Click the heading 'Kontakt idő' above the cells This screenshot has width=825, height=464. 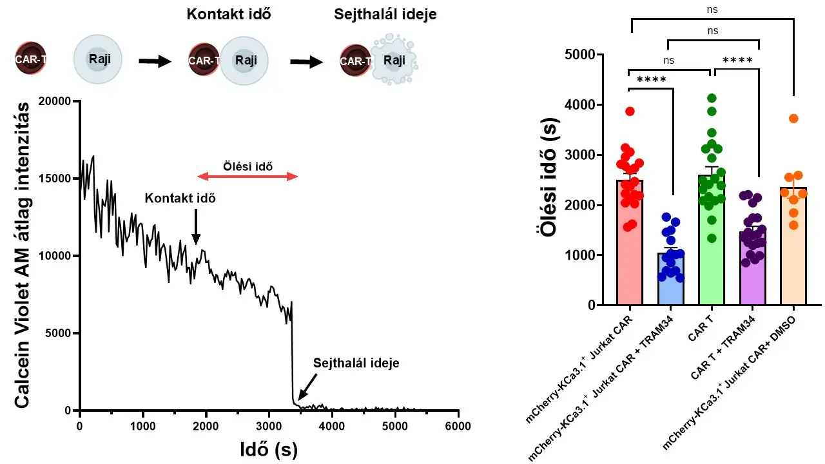click(229, 14)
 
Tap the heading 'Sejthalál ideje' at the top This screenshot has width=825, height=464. click(385, 14)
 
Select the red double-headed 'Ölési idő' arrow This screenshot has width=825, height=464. click(247, 177)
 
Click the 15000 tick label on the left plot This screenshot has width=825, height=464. click(55, 179)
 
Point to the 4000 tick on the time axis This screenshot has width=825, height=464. click(332, 426)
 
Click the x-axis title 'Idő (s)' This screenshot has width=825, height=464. click(269, 450)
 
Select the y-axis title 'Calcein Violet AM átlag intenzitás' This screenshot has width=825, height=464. click(21, 255)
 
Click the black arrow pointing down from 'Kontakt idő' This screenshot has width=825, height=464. click(196, 226)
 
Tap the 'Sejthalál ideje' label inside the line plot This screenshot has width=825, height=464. click(356, 363)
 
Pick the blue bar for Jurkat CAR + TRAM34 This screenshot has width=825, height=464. click(671, 279)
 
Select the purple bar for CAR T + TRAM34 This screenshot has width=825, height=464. click(752, 268)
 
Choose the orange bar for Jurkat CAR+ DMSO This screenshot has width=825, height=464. click(793, 246)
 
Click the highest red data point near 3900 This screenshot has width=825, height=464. click(630, 111)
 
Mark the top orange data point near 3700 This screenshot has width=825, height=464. click(793, 119)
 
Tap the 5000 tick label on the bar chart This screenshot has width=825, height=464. click(580, 55)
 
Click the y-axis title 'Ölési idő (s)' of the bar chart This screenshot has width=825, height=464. click(547, 177)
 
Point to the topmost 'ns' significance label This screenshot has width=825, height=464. click(712, 10)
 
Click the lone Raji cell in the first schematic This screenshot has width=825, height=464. click(97, 59)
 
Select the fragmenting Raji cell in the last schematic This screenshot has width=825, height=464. click(394, 61)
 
